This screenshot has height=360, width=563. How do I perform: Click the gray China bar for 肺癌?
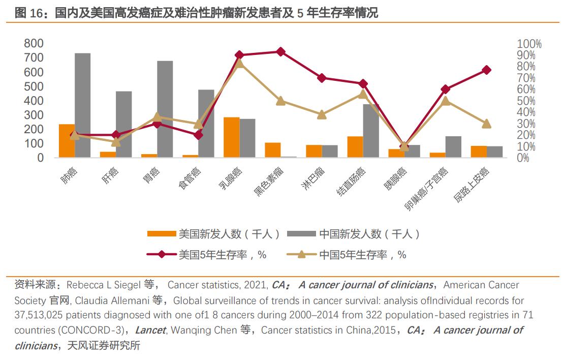click(x=82, y=105)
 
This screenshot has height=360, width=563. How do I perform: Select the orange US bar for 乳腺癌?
click(x=231, y=137)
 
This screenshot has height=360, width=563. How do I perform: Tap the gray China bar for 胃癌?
click(x=165, y=109)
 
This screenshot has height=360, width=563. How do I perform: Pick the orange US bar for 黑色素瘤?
click(x=272, y=150)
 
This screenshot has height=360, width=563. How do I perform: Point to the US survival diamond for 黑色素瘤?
click(x=280, y=52)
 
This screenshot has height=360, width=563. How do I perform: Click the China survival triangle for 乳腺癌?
click(x=239, y=63)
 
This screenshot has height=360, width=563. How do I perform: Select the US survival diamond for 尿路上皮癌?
click(x=486, y=70)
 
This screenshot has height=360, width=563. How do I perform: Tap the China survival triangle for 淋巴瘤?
click(x=322, y=115)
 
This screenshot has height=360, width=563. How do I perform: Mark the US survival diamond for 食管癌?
click(x=198, y=135)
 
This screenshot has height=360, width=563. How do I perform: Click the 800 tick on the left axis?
click(x=34, y=44)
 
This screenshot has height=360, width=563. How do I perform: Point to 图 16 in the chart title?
click(x=27, y=13)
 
